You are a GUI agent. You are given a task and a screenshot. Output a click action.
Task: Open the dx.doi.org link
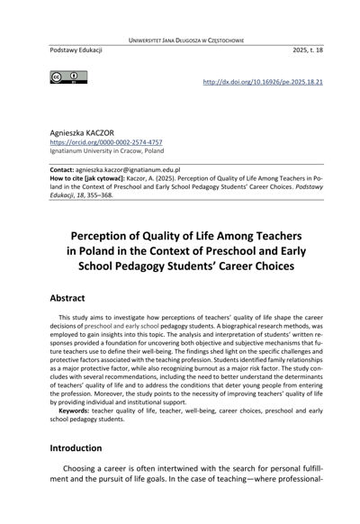tap(263, 80)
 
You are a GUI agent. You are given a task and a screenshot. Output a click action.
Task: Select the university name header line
tap(180, 41)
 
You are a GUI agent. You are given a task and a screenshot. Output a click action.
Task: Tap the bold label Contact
tap(65, 169)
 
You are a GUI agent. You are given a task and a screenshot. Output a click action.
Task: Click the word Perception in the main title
tap(112, 235)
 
